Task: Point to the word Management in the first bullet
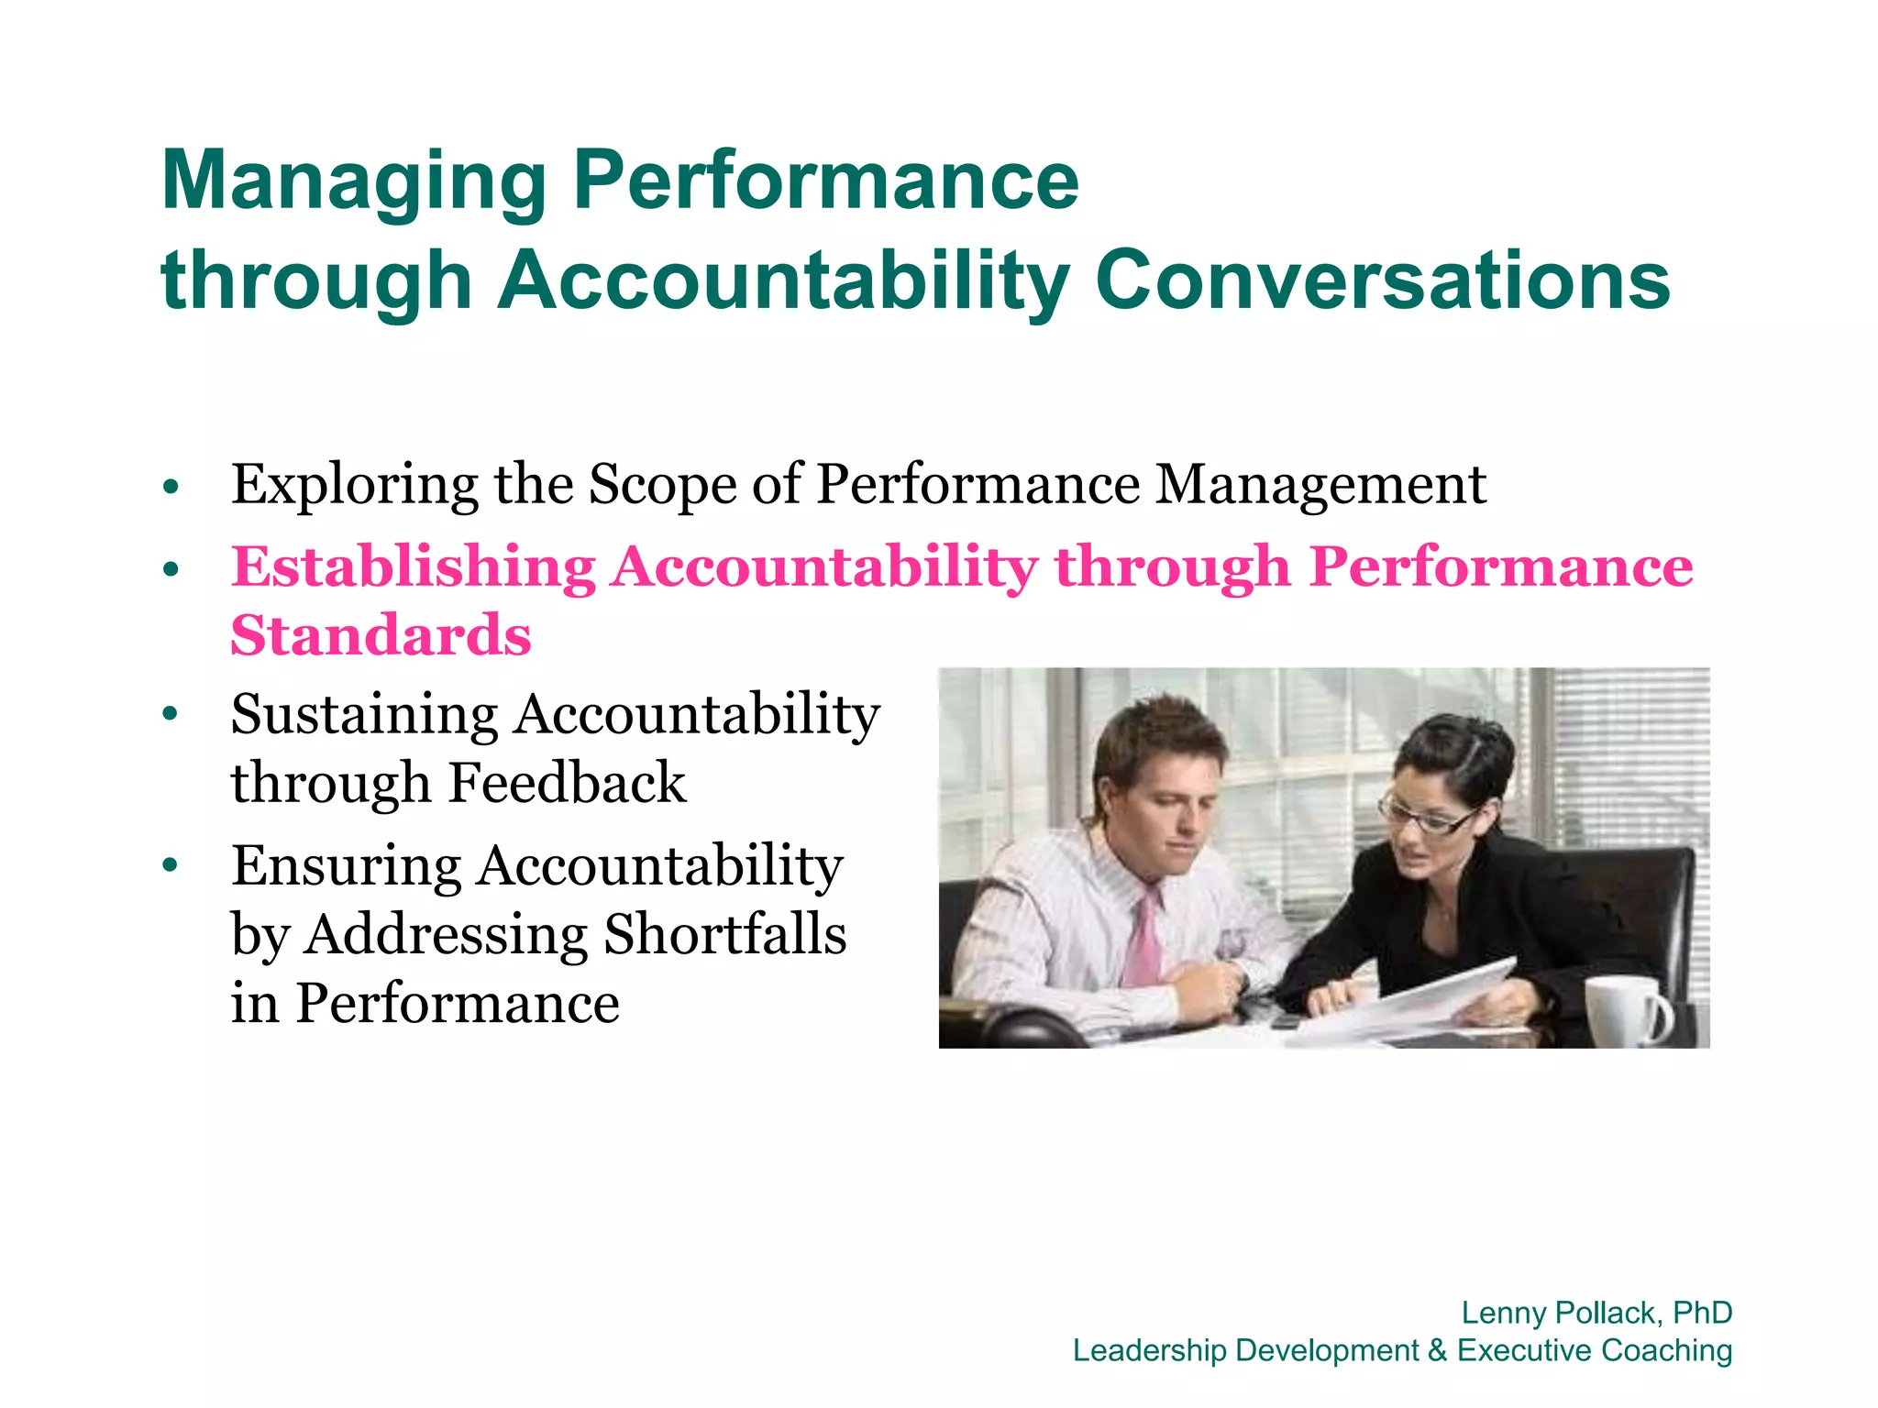tap(1320, 486)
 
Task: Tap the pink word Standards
tap(381, 636)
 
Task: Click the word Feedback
tap(568, 784)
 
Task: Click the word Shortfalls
tap(725, 935)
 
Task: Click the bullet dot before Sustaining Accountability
tap(170, 714)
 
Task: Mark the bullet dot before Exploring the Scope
tap(170, 486)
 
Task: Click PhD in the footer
tap(1702, 1313)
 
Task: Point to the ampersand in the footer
tap(1437, 1351)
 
